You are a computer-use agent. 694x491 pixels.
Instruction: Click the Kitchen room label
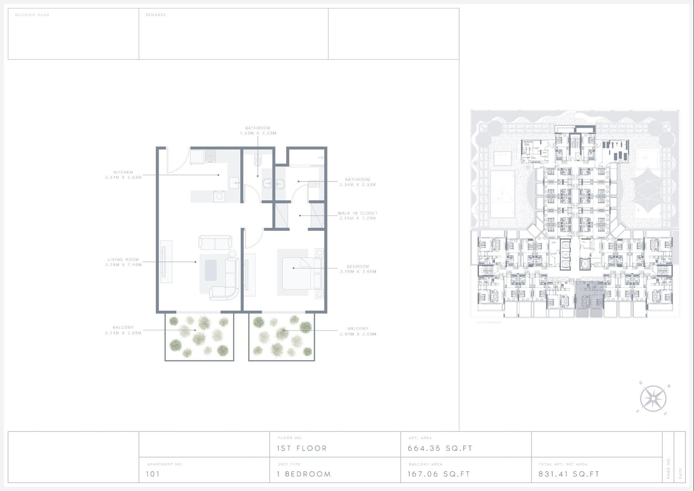click(123, 172)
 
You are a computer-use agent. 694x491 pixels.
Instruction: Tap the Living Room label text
click(123, 260)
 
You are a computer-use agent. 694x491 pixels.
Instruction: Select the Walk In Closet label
click(357, 213)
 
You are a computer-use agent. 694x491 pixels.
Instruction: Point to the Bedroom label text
click(358, 266)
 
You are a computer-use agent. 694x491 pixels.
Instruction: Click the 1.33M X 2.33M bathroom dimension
click(258, 133)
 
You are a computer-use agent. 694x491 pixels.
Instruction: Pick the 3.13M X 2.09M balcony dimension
click(123, 333)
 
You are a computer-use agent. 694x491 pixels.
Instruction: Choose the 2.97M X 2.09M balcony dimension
click(358, 334)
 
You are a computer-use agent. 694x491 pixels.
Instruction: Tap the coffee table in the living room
click(211, 270)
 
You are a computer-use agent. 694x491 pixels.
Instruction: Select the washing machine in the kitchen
click(219, 196)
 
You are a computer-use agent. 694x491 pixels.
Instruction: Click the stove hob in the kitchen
click(210, 156)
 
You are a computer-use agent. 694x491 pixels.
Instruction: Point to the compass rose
click(653, 398)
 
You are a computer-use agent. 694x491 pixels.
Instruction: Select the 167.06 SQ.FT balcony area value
click(439, 474)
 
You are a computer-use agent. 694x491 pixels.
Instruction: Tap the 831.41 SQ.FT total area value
click(569, 474)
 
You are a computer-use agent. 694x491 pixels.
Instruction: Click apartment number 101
click(153, 474)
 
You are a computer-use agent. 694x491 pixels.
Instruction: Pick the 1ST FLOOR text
click(302, 448)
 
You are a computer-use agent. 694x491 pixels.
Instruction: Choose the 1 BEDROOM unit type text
click(304, 474)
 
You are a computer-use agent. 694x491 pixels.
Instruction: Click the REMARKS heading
click(156, 15)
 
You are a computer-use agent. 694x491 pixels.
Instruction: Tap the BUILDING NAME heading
click(32, 15)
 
